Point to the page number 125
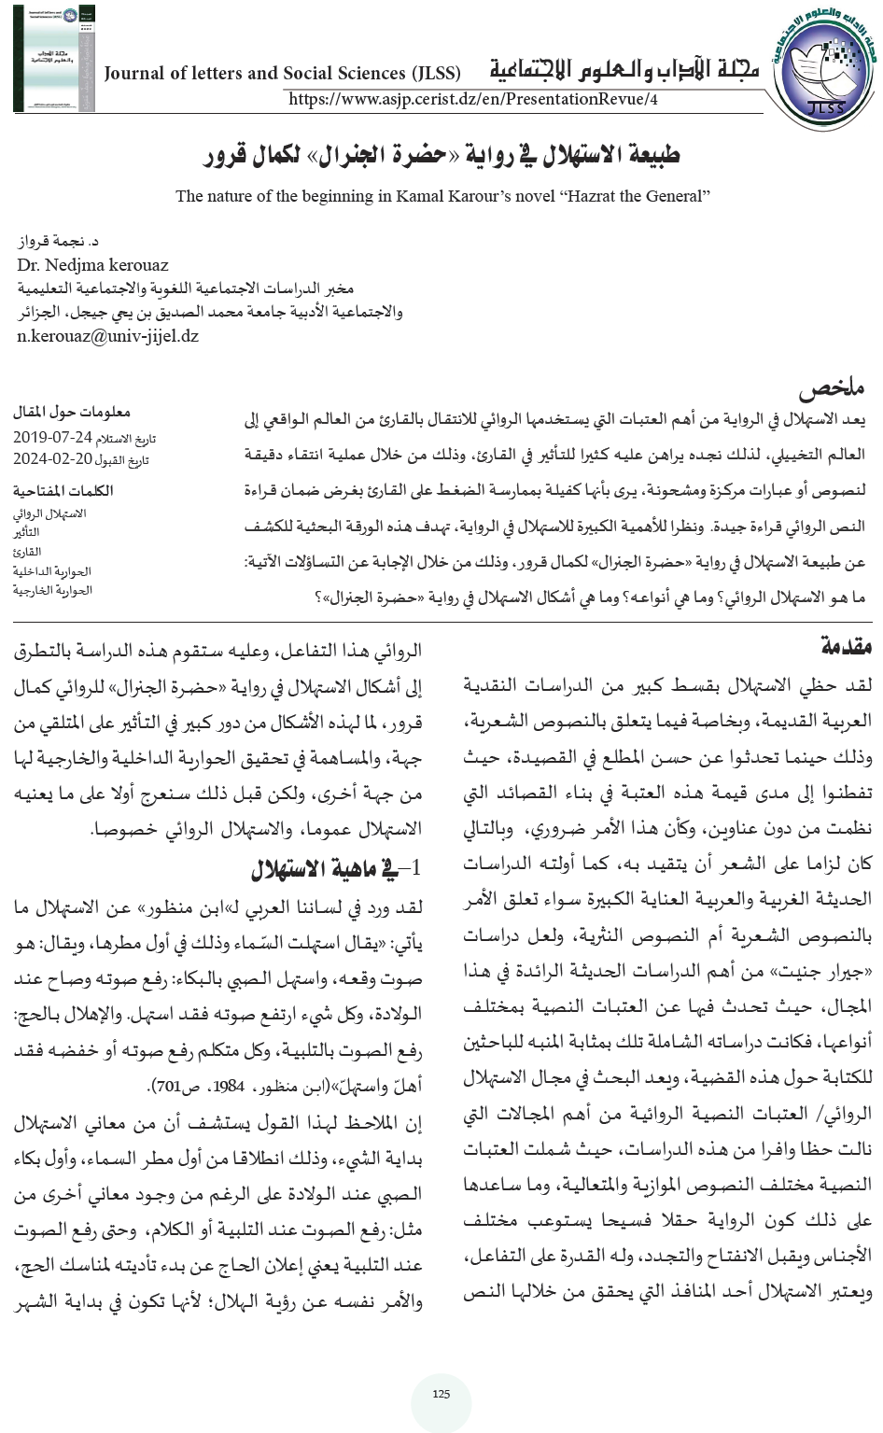(x=441, y=1394)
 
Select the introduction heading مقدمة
(x=847, y=645)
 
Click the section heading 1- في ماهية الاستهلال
(x=337, y=869)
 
